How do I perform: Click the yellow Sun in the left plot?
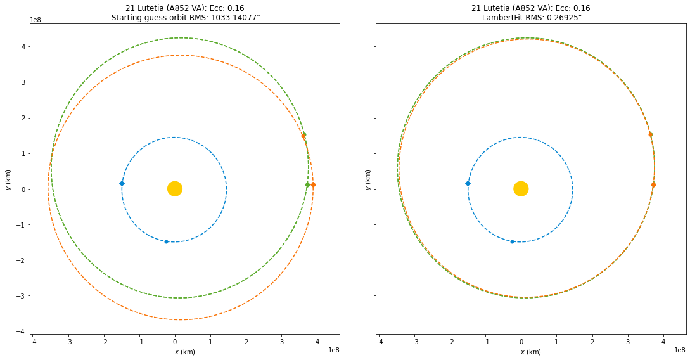coord(175,188)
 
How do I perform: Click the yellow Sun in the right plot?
coord(521,188)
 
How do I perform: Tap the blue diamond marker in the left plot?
coord(122,184)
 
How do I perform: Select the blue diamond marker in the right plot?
coord(468,184)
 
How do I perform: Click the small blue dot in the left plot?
coord(167,241)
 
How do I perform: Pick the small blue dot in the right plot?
coord(513,241)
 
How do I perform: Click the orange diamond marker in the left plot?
coord(313,185)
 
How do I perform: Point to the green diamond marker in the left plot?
coord(307,185)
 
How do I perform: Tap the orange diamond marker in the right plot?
coord(653,185)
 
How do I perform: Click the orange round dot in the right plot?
coord(650,134)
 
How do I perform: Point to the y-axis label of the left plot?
coord(8,179)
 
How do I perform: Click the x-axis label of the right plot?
coord(531,352)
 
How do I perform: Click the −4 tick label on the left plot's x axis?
coord(32,341)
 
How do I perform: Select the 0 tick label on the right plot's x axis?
coord(521,341)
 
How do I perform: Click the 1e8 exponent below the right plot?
coord(679,350)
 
